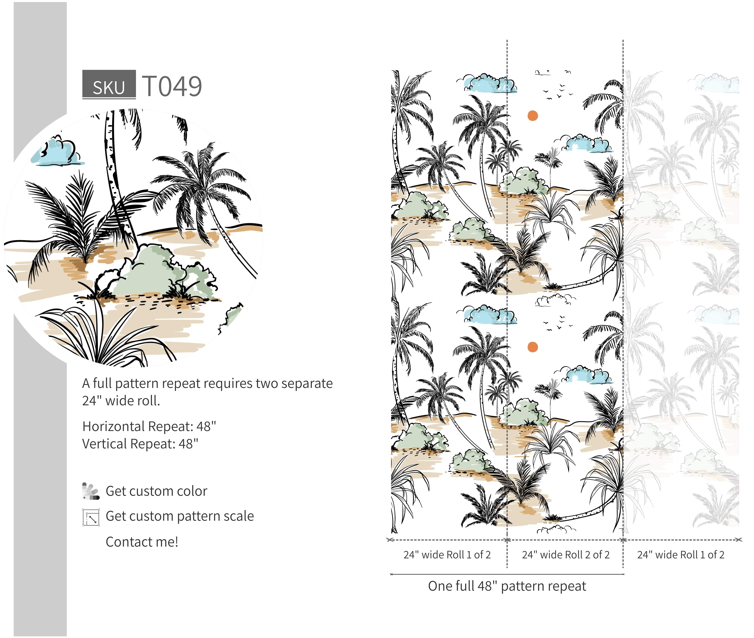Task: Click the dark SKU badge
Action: (x=109, y=84)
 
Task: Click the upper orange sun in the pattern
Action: (x=533, y=116)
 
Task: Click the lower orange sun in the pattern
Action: (x=533, y=347)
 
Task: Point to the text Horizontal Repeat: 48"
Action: (x=149, y=426)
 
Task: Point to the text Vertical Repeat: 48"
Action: (x=140, y=444)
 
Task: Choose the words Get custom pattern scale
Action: (x=180, y=516)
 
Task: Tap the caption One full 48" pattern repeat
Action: (x=507, y=586)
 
